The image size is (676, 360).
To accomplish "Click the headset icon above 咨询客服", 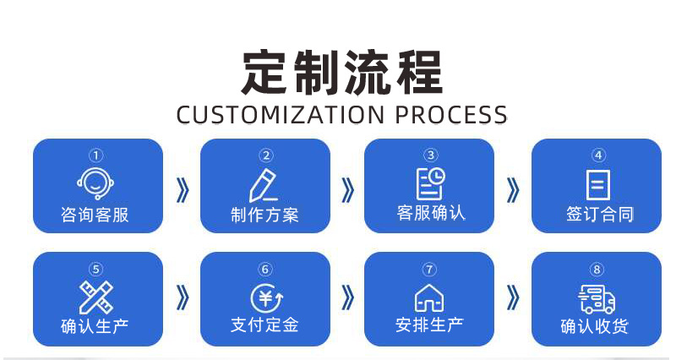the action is point(95,183).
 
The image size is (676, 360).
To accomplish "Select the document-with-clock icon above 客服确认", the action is point(430,183).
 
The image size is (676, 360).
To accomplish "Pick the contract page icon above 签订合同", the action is point(598,184).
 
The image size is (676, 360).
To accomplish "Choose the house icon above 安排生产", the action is point(429,297).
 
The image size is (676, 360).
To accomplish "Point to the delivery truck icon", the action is point(597,298).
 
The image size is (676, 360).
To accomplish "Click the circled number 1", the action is point(96,155).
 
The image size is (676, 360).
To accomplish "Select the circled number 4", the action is point(598,155).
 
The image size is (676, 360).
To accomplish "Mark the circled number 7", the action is point(429,270).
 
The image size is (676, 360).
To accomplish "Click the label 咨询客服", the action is point(95,215).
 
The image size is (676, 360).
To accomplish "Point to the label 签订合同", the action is point(598,215).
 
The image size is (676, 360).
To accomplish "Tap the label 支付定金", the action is point(264,325).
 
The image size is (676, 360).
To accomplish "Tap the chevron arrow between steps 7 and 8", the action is point(513,297).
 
